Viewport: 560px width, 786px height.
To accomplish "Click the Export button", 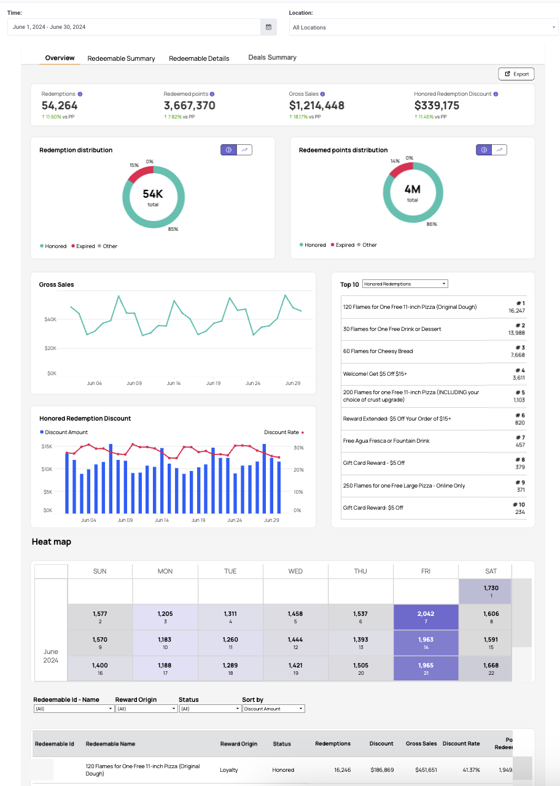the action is (516, 74).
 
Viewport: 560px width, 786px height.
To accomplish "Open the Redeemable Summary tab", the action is (121, 58).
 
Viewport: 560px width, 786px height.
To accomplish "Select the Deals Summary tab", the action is (272, 57).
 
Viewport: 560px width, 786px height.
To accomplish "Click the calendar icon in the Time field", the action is (268, 27).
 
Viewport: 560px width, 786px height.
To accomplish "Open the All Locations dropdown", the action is (424, 28).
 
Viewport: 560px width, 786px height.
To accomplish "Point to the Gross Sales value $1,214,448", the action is (316, 105).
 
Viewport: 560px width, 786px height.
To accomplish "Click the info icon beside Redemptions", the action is (80, 94).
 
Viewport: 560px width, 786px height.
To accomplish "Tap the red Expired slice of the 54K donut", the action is (139, 173).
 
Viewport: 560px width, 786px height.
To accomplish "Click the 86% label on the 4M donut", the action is (432, 224).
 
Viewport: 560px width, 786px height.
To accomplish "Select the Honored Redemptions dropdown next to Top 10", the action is (405, 284).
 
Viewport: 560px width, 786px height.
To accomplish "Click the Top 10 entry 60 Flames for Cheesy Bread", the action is (378, 351).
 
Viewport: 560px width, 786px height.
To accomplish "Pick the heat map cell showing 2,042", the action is (426, 617).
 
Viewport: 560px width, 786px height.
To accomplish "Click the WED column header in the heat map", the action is (295, 571).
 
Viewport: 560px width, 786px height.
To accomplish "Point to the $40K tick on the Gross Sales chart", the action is (50, 319).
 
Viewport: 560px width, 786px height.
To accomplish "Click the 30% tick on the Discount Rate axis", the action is (298, 448).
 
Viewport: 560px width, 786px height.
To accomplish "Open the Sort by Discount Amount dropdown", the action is (273, 709).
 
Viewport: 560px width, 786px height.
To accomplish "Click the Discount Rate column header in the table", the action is (461, 744).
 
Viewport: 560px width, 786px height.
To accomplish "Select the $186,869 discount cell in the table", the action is (382, 770).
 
